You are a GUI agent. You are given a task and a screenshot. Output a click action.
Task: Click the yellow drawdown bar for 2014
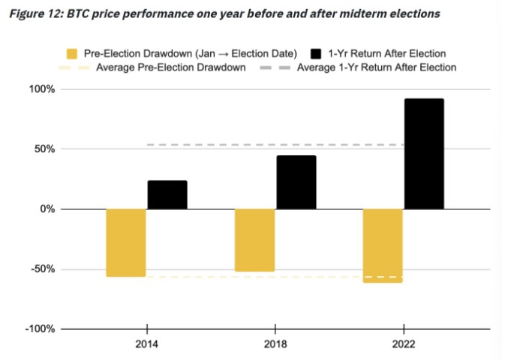point(126,243)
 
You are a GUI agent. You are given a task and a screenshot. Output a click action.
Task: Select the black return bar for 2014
point(167,195)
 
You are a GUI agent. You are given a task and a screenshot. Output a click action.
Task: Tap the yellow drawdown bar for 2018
point(255,240)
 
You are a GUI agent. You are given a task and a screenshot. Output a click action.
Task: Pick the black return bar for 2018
point(296,182)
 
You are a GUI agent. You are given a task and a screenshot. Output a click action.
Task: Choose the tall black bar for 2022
point(424,154)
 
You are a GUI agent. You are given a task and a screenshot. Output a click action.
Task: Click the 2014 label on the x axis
point(147,346)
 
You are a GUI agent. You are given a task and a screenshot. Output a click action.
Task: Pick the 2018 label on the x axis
point(275,346)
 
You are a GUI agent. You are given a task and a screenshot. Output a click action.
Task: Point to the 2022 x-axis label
point(404,346)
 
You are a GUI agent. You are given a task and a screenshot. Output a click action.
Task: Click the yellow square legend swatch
point(73,53)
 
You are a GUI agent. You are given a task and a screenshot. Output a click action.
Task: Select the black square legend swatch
point(315,53)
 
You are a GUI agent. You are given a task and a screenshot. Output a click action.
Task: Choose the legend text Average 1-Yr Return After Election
point(376,67)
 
